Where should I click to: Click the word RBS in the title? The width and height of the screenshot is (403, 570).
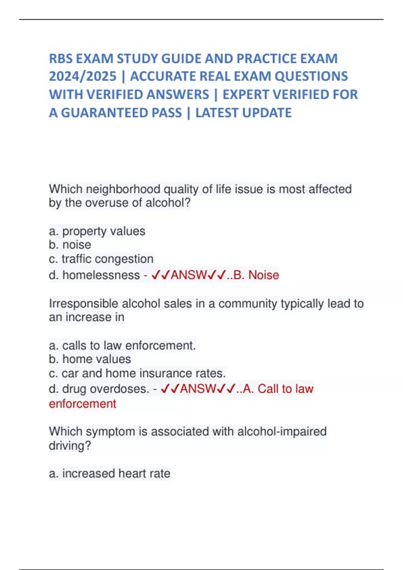61,59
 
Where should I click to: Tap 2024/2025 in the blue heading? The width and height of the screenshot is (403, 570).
83,76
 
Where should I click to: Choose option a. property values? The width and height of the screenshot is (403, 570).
97,231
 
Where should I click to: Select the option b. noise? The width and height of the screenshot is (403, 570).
70,245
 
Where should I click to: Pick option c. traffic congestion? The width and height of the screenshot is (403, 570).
101,259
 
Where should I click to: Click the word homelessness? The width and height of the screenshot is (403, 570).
101,275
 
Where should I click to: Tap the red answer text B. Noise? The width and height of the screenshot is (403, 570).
256,275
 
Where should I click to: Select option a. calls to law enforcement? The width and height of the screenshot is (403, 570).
122,345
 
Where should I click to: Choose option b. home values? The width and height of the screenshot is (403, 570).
90,359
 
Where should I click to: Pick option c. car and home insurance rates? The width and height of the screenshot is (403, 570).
137,373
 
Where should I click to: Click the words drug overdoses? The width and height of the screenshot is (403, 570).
105,389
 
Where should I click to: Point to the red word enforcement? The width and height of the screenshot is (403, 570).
83,404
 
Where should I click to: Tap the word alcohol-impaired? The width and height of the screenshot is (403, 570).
282,431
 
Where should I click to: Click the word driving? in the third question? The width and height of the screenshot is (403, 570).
70,446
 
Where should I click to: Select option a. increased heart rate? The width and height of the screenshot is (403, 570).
109,473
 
